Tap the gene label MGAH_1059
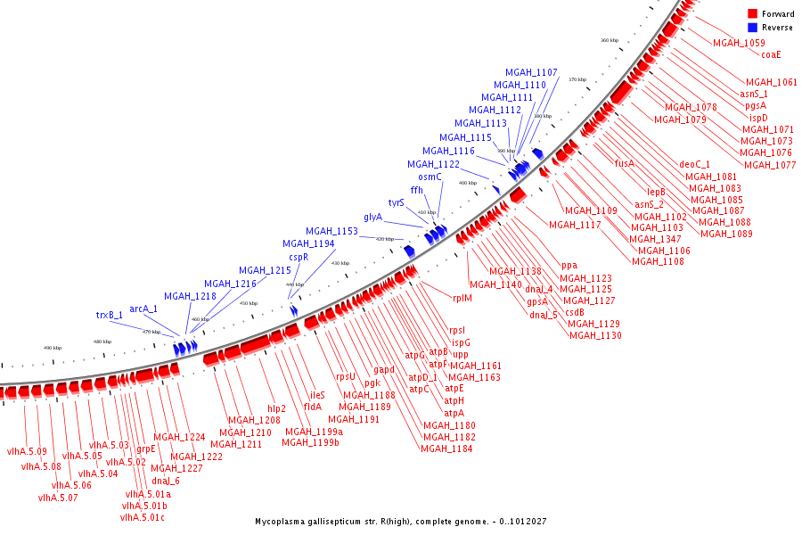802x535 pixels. coord(739,43)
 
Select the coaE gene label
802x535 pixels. coord(771,54)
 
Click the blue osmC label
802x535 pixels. coord(430,177)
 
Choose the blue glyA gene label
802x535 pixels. coord(372,218)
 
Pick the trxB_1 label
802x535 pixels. coord(110,315)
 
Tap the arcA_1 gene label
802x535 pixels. coord(143,309)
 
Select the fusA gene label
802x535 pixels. coord(625,163)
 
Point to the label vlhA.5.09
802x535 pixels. coord(27,451)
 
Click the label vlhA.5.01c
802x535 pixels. coord(143,517)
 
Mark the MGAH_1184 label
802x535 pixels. coord(446,449)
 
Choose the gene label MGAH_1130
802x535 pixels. coord(595,335)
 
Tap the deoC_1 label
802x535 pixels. coord(695,164)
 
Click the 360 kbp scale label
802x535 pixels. coord(609,40)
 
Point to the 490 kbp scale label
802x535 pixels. coord(53,348)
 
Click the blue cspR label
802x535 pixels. coord(298,257)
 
